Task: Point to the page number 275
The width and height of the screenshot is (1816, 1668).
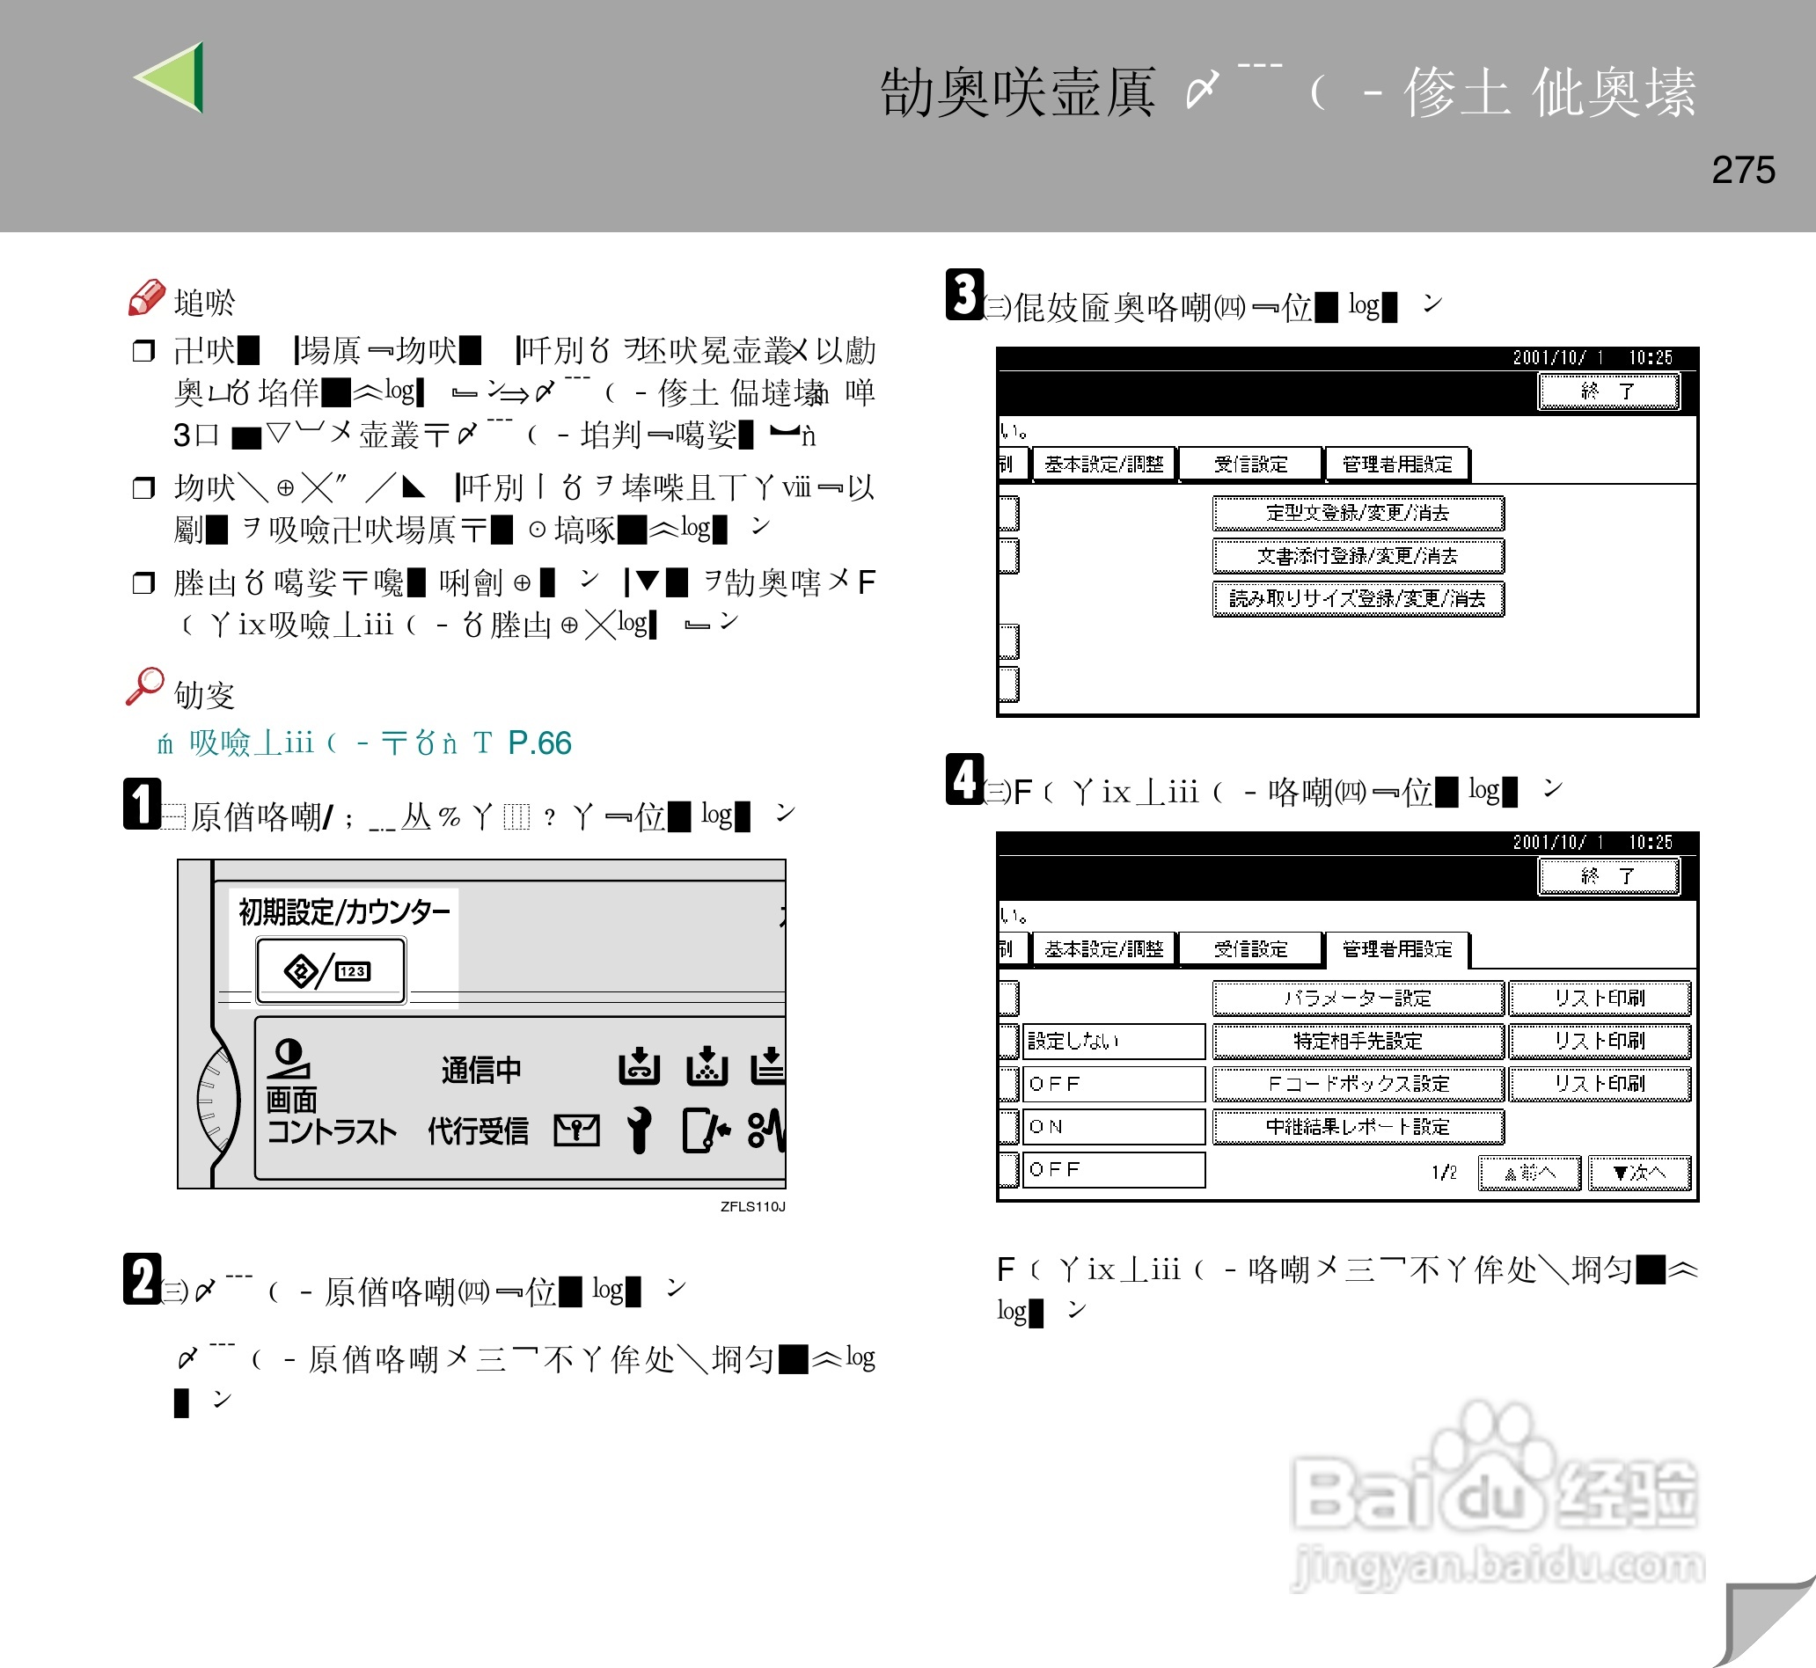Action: (1742, 170)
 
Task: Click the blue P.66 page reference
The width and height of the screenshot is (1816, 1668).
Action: (538, 743)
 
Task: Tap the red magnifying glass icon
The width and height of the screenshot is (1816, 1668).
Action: (144, 686)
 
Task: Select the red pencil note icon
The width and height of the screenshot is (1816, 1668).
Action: (146, 298)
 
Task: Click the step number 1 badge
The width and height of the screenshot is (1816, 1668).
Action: (142, 803)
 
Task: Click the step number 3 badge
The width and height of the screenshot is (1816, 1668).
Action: (964, 294)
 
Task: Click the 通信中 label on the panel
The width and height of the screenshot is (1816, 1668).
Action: (481, 1070)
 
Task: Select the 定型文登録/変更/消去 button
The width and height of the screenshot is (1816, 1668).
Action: (1357, 513)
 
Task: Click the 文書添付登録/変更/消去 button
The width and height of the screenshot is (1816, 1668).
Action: (1357, 556)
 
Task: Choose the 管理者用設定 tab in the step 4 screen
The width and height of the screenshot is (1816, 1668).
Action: (1396, 948)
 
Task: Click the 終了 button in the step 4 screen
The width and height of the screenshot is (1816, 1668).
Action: (1607, 875)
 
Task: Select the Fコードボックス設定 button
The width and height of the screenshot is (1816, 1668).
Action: (1357, 1083)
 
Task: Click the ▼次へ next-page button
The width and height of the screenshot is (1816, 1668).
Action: (1638, 1173)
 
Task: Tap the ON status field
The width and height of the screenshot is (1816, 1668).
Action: (1113, 1126)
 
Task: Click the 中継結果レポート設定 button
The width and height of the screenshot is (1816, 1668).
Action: (1357, 1126)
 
